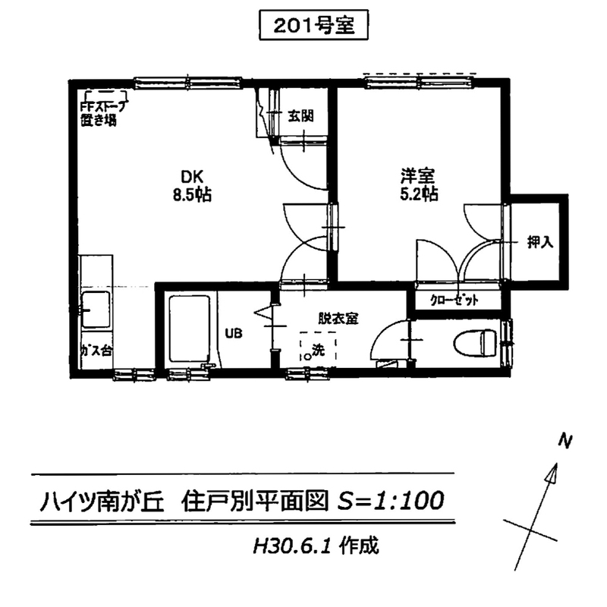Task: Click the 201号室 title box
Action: click(313, 26)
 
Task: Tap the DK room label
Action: click(192, 177)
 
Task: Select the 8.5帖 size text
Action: click(192, 195)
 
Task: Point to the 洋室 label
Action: click(418, 176)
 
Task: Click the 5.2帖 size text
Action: click(419, 193)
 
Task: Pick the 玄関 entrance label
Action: click(300, 116)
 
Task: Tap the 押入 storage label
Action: click(540, 242)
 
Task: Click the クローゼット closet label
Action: click(454, 300)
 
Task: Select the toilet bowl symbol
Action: click(475, 343)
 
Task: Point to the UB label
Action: click(234, 333)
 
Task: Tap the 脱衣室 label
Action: click(338, 319)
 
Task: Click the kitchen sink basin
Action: click(96, 310)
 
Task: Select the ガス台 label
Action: click(96, 351)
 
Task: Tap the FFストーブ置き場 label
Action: click(102, 113)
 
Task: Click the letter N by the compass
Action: click(565, 442)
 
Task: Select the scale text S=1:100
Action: click(390, 500)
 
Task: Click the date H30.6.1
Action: click(291, 546)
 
